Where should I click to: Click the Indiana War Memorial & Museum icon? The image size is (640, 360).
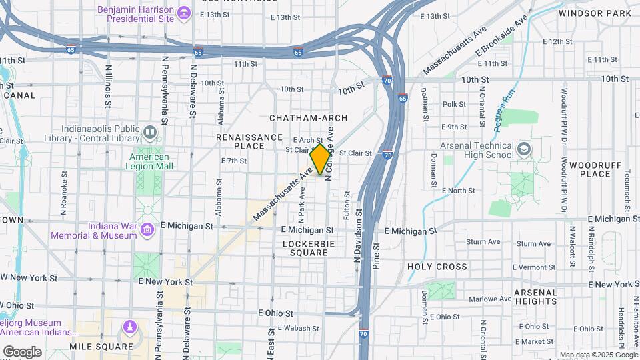click(147, 231)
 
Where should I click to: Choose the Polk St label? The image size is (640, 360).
click(454, 104)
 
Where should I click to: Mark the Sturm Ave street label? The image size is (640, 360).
click(483, 242)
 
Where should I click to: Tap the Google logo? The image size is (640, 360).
click(22, 351)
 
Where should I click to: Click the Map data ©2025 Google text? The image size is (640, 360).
click(598, 355)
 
